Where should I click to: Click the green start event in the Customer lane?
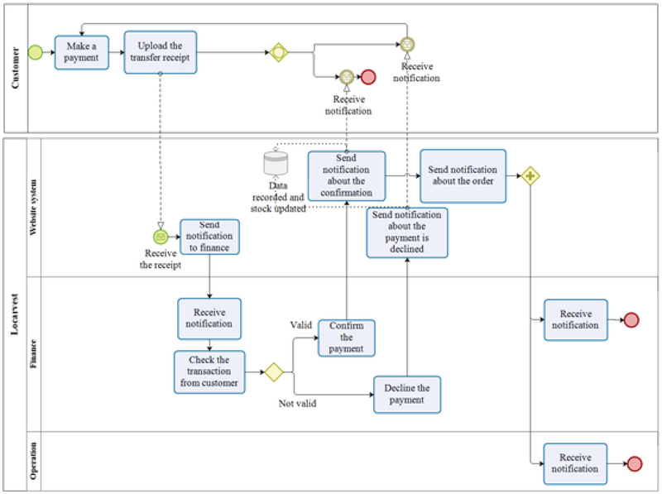click(36, 52)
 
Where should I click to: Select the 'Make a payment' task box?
click(82, 51)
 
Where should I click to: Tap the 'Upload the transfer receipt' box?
click(161, 51)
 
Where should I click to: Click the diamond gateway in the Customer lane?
click(278, 52)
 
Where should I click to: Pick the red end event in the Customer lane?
click(368, 77)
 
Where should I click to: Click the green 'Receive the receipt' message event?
click(161, 236)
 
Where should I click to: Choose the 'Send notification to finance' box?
click(209, 236)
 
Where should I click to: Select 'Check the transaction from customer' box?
click(209, 372)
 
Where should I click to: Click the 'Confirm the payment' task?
click(346, 338)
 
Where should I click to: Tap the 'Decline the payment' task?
click(407, 395)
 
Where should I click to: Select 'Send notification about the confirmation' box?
click(346, 175)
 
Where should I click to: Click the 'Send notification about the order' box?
click(463, 175)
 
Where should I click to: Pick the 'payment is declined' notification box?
click(407, 232)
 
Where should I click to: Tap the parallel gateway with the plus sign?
click(530, 175)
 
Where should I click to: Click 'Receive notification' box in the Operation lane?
click(575, 463)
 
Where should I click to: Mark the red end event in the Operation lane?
click(635, 463)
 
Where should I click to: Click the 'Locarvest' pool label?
click(14, 319)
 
